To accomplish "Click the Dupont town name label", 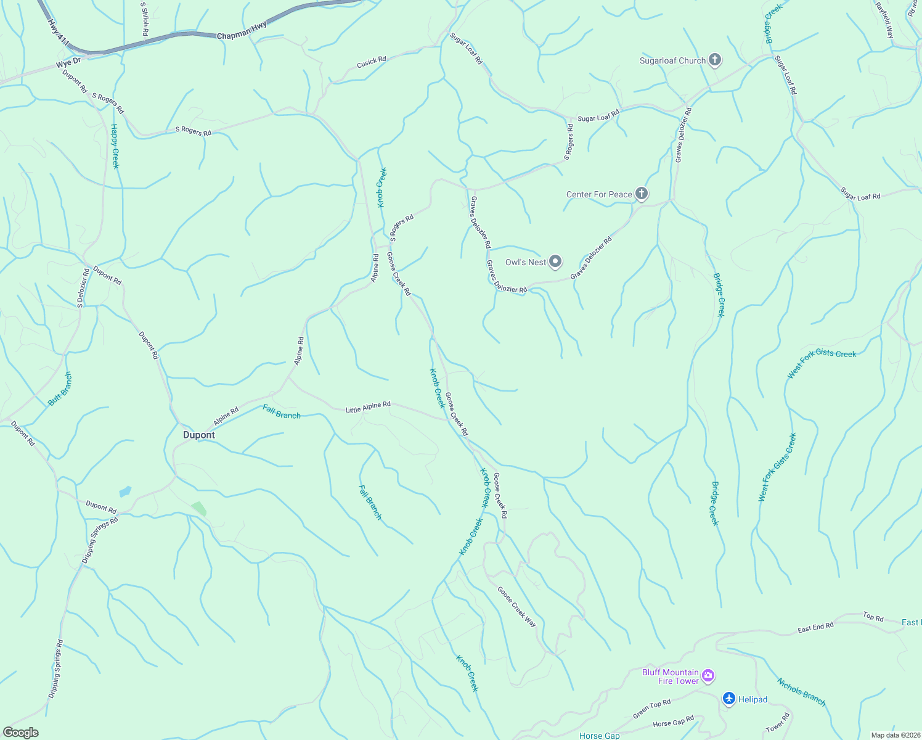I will (x=198, y=435).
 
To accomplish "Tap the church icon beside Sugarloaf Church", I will (x=715, y=60).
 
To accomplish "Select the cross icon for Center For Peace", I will (x=642, y=194).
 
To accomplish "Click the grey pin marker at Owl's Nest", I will (x=555, y=262).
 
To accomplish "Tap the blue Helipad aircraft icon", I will (x=729, y=699).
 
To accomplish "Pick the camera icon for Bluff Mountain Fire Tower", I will (x=708, y=676).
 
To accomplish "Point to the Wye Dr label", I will (x=68, y=62).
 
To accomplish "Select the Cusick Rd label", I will (x=372, y=62).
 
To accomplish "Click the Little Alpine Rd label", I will (x=368, y=407).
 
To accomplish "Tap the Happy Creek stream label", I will (x=115, y=146).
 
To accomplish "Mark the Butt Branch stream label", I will (x=60, y=388).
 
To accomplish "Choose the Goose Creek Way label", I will (x=517, y=606).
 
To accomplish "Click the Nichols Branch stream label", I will (x=801, y=692).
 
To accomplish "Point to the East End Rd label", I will (x=815, y=628).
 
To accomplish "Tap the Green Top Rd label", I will (x=651, y=709).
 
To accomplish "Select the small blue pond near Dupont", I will (x=125, y=491).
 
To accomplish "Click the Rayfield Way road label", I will (x=884, y=20).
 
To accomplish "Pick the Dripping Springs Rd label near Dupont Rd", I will (x=100, y=540).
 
